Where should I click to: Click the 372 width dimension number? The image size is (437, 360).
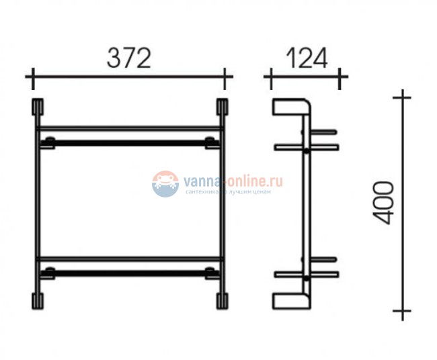click(x=128, y=60)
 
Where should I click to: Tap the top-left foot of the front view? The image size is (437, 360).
click(x=37, y=108)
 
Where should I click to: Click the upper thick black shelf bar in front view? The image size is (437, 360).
click(x=129, y=142)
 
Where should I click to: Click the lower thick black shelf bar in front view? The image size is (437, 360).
click(x=129, y=272)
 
